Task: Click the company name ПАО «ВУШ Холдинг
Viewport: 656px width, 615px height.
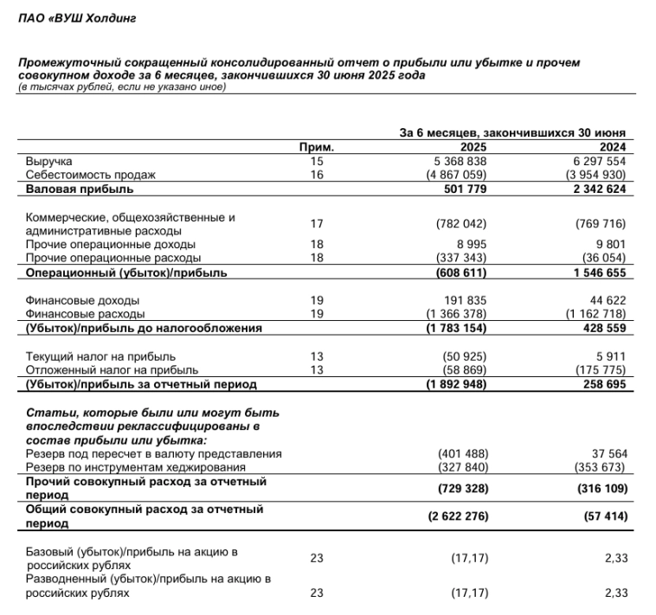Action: pyautogui.click(x=77, y=17)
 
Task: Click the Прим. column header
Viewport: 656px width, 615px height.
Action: pyautogui.click(x=316, y=148)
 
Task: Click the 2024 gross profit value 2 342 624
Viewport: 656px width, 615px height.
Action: pyautogui.click(x=596, y=188)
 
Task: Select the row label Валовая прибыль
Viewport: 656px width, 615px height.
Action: pyautogui.click(x=80, y=188)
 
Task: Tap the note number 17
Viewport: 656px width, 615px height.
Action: pyautogui.click(x=316, y=223)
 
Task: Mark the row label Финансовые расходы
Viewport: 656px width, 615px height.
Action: pyautogui.click(x=86, y=314)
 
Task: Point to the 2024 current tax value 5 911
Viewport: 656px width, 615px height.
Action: pyautogui.click(x=611, y=356)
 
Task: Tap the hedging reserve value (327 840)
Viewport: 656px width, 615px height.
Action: pyautogui.click(x=465, y=467)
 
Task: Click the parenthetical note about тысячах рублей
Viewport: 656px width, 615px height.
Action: pyautogui.click(x=120, y=86)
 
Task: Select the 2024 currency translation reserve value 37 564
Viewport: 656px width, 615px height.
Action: pyautogui.click(x=607, y=454)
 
